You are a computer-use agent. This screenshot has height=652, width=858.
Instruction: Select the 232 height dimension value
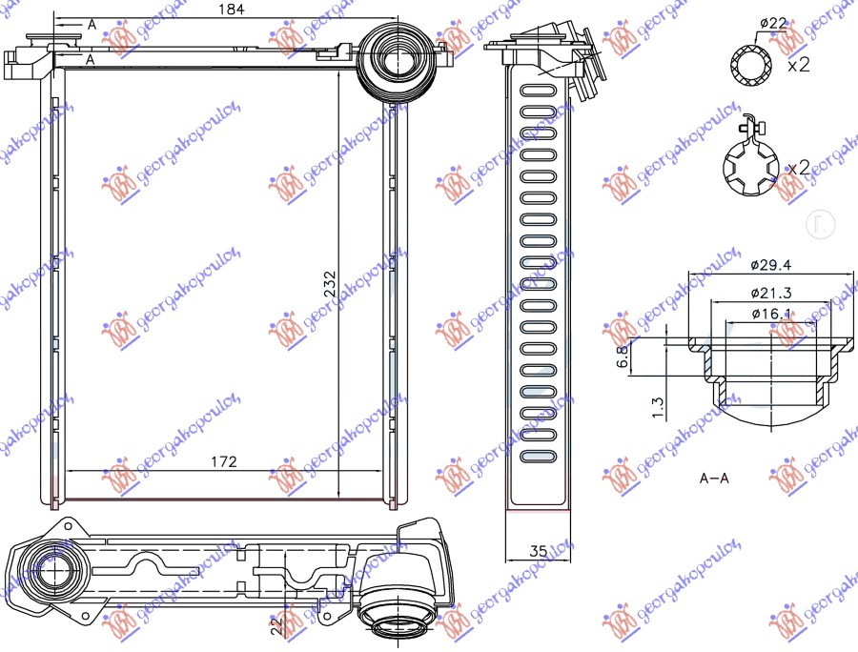330,284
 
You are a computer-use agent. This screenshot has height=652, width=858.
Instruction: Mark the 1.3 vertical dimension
657,404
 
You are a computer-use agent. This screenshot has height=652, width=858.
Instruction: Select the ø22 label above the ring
773,22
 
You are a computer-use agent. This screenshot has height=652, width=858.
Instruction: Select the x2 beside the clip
799,168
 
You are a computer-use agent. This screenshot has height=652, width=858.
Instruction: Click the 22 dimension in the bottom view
277,624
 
